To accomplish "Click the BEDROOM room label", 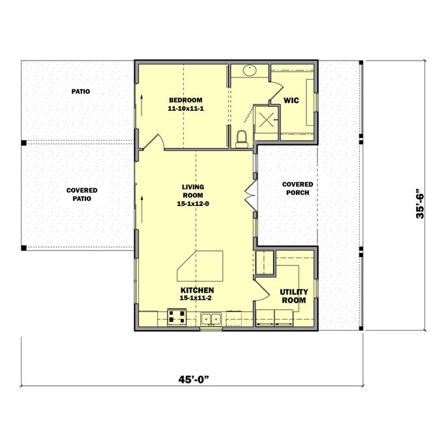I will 185,100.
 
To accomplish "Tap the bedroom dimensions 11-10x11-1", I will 185,108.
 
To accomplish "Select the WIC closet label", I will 291,100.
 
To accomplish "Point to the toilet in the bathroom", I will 241,138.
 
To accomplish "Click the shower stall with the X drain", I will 266,119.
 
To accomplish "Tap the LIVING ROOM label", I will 192,191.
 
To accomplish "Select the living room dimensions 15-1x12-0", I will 192,203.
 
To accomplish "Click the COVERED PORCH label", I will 297,188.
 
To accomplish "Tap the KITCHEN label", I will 196,290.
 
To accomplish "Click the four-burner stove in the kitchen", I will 177,318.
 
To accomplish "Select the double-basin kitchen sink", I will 210,319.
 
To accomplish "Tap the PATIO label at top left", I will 81,92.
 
